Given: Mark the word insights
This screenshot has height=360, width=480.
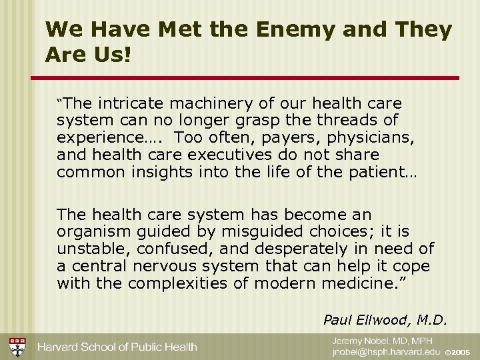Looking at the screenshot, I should tap(157, 171).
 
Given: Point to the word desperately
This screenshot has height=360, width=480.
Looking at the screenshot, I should tap(303, 249).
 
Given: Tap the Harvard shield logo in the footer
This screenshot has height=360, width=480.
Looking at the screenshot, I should tap(17, 347).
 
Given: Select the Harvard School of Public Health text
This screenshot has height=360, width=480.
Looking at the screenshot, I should tap(117, 347).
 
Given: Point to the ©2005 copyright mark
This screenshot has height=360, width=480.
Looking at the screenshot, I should tap(457, 352).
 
